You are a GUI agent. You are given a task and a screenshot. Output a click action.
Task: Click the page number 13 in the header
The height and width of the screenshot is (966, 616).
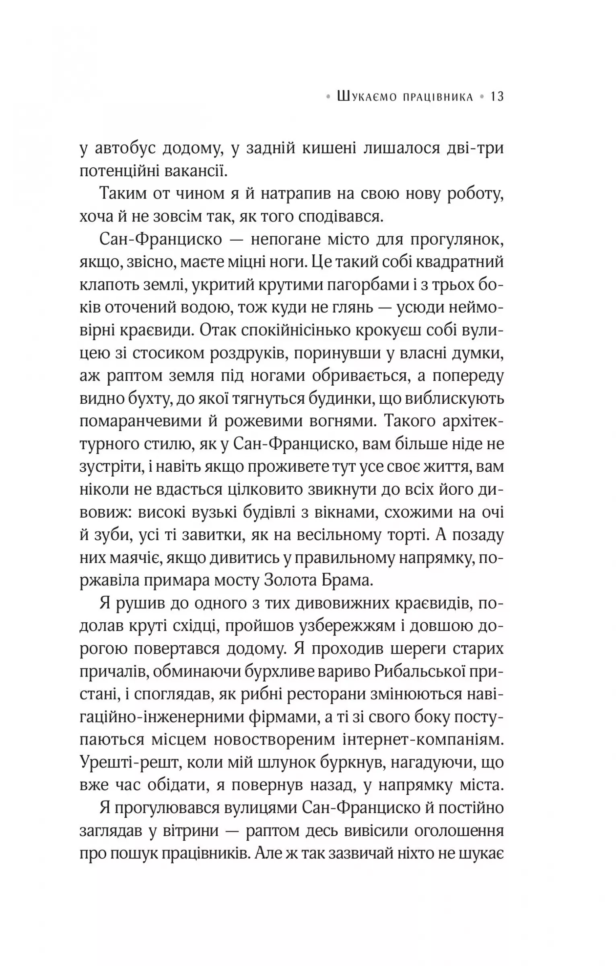pyautogui.click(x=497, y=97)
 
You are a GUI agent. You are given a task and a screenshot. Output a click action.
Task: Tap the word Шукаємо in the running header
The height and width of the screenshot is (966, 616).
pyautogui.click(x=366, y=97)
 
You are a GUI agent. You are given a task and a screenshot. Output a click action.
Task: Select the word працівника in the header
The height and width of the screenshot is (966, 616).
pyautogui.click(x=438, y=97)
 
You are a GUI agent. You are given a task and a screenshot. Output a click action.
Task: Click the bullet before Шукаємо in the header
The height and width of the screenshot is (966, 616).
pyautogui.click(x=329, y=97)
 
